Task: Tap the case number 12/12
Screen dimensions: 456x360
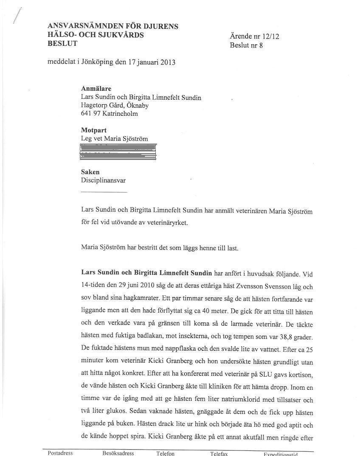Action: pyautogui.click(x=270, y=36)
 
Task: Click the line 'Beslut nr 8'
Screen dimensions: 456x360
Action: pyautogui.click(x=246, y=45)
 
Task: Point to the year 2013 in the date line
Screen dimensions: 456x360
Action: pyautogui.click(x=168, y=62)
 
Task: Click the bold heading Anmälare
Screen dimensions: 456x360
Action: pyautogui.click(x=96, y=89)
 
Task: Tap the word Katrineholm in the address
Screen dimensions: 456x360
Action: pyautogui.click(x=120, y=114)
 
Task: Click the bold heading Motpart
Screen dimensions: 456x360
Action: pyautogui.click(x=94, y=130)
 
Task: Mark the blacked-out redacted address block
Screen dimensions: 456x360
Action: pyautogui.click(x=118, y=152)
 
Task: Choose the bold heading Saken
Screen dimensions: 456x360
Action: pyautogui.click(x=90, y=172)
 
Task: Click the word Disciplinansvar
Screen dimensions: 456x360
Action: pyautogui.click(x=103, y=180)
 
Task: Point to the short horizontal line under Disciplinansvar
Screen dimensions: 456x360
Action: pyautogui.click(x=104, y=192)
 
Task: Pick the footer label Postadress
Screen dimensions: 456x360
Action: pyautogui.click(x=60, y=453)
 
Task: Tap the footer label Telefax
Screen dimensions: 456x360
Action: pyautogui.click(x=219, y=453)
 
